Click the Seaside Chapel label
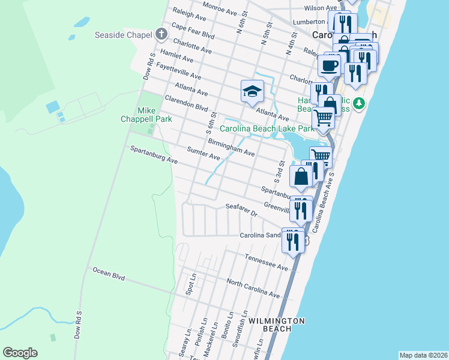pos(123,35)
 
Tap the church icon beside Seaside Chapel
pos(161,34)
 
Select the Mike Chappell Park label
pos(147,115)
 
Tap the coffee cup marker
pos(330,65)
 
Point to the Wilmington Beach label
pos(277,324)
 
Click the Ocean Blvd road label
pos(109,274)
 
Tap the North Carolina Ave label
pos(253,289)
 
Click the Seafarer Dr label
pos(241,209)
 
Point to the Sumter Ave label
pos(203,154)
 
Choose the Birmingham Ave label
pos(231,148)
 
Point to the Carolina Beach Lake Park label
pos(267,128)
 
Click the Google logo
pos(20,353)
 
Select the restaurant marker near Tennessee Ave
pos(293,241)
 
